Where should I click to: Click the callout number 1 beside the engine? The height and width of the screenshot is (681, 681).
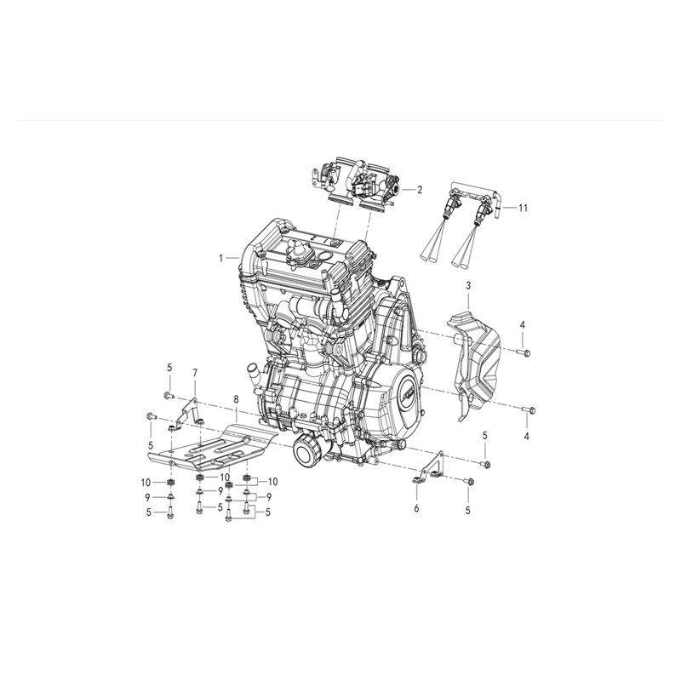[220, 257]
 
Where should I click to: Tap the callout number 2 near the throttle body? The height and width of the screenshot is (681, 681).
[419, 189]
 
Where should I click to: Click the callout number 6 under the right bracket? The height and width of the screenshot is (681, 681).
[416, 508]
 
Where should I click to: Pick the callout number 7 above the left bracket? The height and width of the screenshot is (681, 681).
[195, 373]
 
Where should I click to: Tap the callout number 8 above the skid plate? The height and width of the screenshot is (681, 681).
[235, 398]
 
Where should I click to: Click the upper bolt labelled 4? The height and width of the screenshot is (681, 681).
[522, 351]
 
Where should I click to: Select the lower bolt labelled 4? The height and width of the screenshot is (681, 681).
[527, 410]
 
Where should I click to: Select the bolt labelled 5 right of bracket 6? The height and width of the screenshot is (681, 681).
[485, 463]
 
